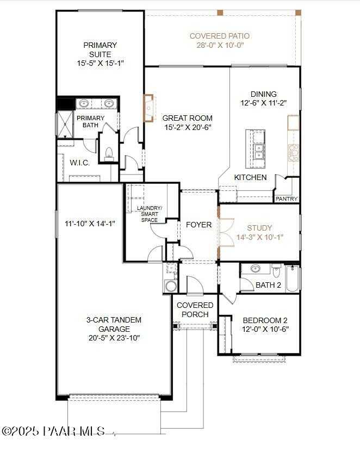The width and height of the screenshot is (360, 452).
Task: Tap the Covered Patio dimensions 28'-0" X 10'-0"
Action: tap(220, 46)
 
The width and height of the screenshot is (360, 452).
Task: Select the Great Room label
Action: tap(187, 118)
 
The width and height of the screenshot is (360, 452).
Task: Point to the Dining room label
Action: tap(263, 94)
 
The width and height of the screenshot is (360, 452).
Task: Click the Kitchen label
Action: tap(250, 177)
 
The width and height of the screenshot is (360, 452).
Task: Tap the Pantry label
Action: tap(286, 199)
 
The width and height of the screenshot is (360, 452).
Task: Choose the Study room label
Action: tap(259, 228)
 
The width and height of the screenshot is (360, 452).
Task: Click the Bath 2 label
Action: tap(268, 284)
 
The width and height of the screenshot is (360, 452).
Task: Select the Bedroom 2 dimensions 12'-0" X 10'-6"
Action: tap(265, 330)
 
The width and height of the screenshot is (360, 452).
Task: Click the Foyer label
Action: tap(198, 225)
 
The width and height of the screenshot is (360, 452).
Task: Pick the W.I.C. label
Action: tap(79, 163)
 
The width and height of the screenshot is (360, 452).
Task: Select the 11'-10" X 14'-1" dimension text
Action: tap(90, 222)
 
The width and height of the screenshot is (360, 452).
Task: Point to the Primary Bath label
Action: tap(90, 121)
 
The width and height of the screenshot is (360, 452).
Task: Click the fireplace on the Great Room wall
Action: tap(148, 107)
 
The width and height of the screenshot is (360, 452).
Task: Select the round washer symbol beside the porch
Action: tap(171, 287)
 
